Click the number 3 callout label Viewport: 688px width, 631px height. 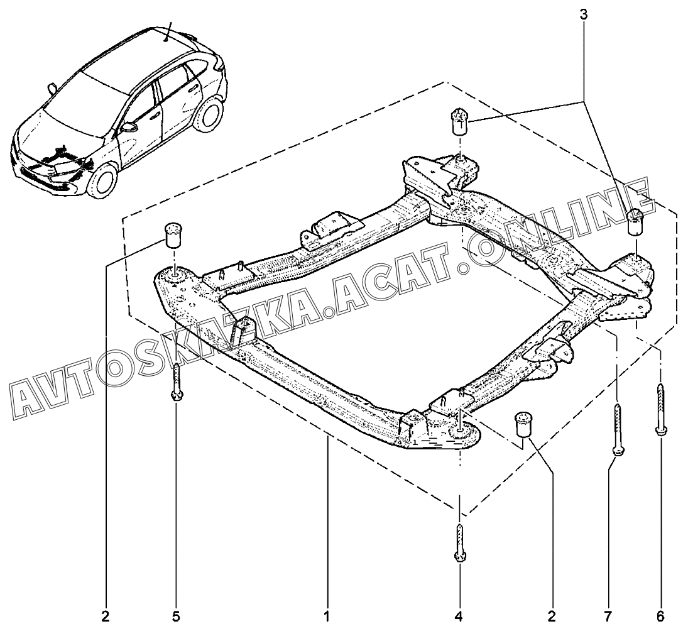click(x=583, y=14)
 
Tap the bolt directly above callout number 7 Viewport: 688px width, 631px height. click(x=618, y=430)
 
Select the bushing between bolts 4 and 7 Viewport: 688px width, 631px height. click(x=523, y=424)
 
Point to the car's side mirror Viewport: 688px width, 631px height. click(x=128, y=127)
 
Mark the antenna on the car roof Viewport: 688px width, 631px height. click(x=169, y=31)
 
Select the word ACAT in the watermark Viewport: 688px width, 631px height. click(x=387, y=286)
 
